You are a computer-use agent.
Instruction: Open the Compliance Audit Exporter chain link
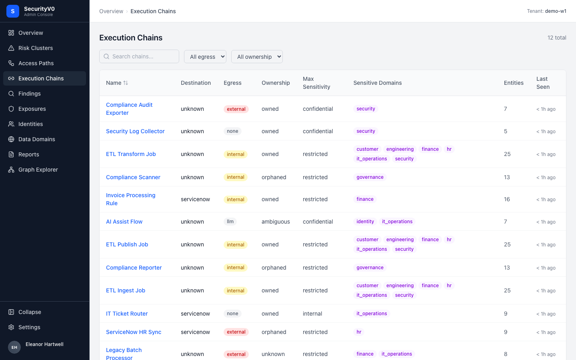[x=129, y=109]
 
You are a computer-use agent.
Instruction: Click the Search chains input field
[x=139, y=56]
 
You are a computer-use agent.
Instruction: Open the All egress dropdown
[x=205, y=56]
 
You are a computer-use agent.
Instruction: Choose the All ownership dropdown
[x=257, y=56]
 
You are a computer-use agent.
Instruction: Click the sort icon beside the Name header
[x=126, y=83]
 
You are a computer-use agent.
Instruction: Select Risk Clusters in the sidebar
[x=36, y=48]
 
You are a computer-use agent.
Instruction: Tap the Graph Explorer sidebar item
[x=38, y=170]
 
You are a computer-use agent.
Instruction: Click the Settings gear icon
[x=11, y=327]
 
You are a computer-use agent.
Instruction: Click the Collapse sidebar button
[x=30, y=312]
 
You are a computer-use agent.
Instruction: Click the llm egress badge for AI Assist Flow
[x=230, y=222]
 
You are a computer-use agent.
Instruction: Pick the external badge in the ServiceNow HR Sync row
[x=236, y=332]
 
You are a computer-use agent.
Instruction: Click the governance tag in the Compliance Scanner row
[x=370, y=177]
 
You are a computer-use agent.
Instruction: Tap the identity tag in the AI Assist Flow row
[x=365, y=222]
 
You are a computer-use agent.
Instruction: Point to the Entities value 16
[x=507, y=199]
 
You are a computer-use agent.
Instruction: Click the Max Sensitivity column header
[x=316, y=83]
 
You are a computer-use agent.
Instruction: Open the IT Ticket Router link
[x=127, y=314]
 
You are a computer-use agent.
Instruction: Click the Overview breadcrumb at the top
[x=111, y=11]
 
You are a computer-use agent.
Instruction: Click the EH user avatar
[x=14, y=347]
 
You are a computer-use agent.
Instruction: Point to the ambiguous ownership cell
[x=276, y=222]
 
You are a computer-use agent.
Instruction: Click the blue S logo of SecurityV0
[x=13, y=11]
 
